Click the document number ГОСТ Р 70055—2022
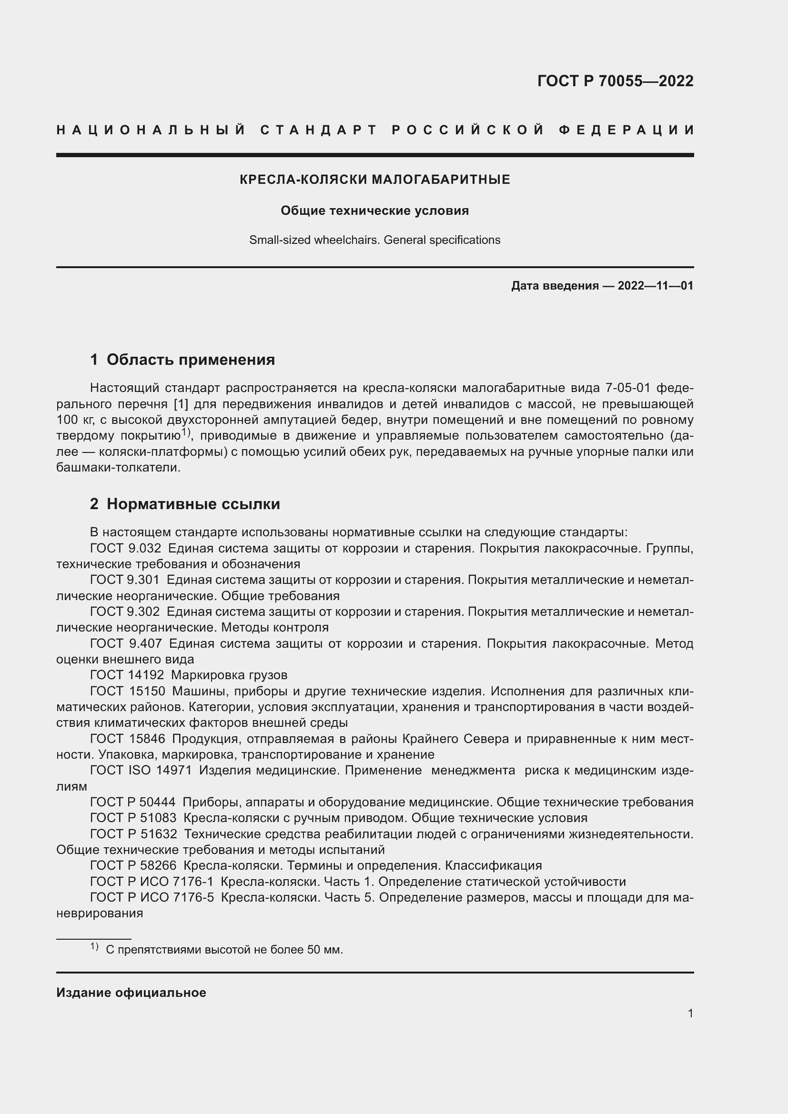click(x=615, y=81)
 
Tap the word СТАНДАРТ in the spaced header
click(x=319, y=130)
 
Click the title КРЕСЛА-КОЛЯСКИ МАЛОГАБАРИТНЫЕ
click(x=374, y=180)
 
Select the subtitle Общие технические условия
click(x=374, y=211)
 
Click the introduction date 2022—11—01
click(x=655, y=286)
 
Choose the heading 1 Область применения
click(x=182, y=360)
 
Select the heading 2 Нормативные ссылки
click(x=185, y=504)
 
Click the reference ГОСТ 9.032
click(x=125, y=549)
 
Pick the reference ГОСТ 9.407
click(x=125, y=644)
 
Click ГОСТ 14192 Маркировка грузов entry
click(x=189, y=675)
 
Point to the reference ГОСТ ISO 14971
click(x=141, y=771)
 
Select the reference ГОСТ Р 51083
click(x=133, y=818)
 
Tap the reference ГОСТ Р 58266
click(x=133, y=865)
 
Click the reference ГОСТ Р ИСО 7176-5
click(x=152, y=898)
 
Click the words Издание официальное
click(x=131, y=993)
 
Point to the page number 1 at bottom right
click(x=690, y=1014)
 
